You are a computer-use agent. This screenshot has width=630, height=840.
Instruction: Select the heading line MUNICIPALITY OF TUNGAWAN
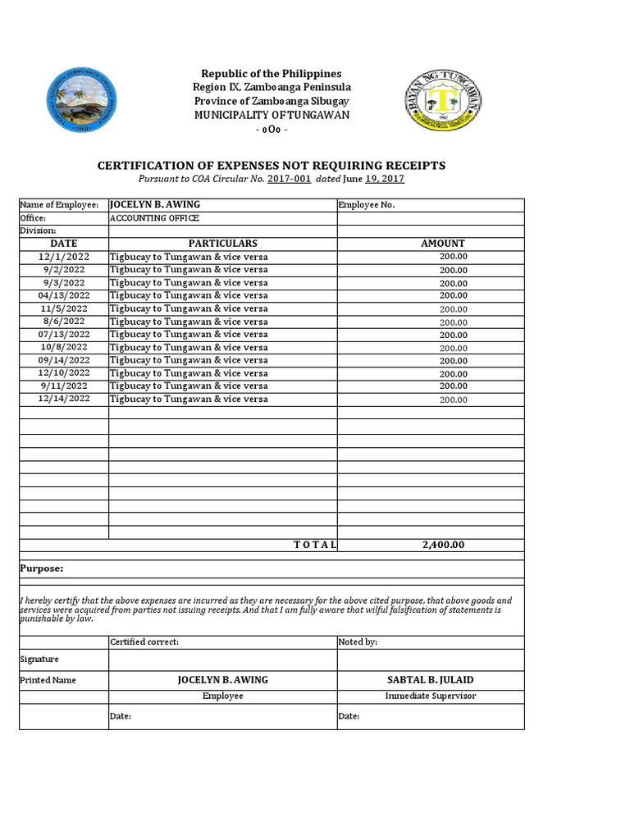(271, 115)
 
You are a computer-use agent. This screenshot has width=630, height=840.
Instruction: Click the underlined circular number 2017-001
(289, 179)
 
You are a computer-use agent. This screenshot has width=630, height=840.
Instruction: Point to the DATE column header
(63, 244)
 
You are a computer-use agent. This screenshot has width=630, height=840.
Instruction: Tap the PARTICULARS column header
(222, 244)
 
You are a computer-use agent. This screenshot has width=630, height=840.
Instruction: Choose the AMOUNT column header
(442, 244)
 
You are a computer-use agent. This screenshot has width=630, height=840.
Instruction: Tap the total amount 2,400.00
(443, 545)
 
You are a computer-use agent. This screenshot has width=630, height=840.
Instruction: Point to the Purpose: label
(41, 568)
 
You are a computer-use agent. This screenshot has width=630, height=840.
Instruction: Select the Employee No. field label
(367, 205)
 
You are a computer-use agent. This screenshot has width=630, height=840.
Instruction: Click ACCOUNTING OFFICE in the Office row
(154, 218)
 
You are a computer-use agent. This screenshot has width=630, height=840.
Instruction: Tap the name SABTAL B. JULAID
(430, 680)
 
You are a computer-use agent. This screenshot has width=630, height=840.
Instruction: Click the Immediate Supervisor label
(430, 696)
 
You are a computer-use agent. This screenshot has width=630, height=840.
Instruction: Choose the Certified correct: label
(144, 642)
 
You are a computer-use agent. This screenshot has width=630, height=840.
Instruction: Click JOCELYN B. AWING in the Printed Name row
(222, 680)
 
